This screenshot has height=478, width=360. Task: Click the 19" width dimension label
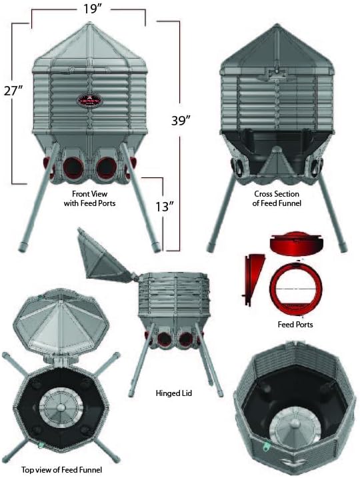pos(89,10)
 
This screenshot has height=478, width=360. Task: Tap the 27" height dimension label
pos(13,89)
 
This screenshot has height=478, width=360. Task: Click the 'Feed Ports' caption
pos(295,325)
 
